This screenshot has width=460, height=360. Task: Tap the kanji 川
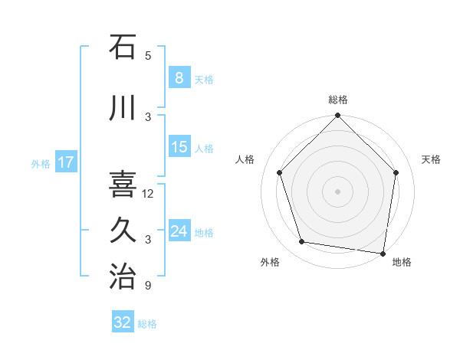tap(123, 108)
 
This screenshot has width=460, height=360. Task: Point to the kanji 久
tap(123, 231)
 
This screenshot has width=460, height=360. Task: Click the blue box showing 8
tap(179, 78)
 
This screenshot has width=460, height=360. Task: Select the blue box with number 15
tap(179, 147)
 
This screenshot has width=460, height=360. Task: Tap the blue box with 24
tap(179, 231)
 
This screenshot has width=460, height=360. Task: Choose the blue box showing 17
tap(65, 162)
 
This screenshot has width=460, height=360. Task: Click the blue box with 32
tap(123, 322)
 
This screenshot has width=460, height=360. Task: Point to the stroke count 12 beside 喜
tap(149, 194)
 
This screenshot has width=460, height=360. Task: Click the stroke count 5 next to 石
tap(148, 55)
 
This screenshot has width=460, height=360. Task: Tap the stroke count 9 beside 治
tap(148, 286)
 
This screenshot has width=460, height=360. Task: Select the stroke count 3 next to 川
tap(148, 116)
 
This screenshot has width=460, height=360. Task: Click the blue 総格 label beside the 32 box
tap(147, 324)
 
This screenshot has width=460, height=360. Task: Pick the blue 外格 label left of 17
tap(41, 163)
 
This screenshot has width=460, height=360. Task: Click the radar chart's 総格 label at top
tap(337, 100)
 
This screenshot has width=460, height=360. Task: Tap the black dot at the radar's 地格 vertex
tap(383, 253)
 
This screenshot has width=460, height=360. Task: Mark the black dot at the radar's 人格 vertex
tap(279, 172)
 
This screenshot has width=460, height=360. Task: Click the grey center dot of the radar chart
tap(337, 191)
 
